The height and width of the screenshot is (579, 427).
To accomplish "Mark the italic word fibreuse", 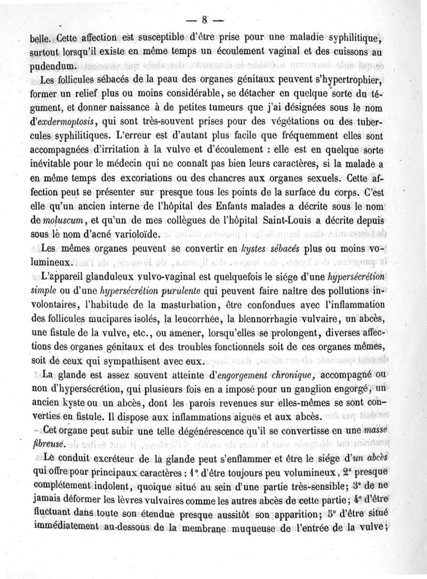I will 48,444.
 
